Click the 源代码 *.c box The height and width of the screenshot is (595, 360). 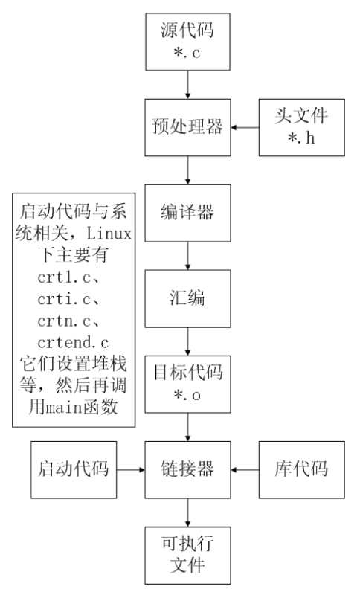coord(187,42)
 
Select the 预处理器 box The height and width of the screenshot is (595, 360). coord(187,127)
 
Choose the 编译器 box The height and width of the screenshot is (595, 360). coord(187,213)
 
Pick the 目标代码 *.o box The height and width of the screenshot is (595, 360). coord(187,384)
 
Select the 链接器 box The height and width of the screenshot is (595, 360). coord(187,469)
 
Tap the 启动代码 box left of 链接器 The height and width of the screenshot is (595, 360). coord(72,469)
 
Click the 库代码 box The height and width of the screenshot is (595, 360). coord(300,469)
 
